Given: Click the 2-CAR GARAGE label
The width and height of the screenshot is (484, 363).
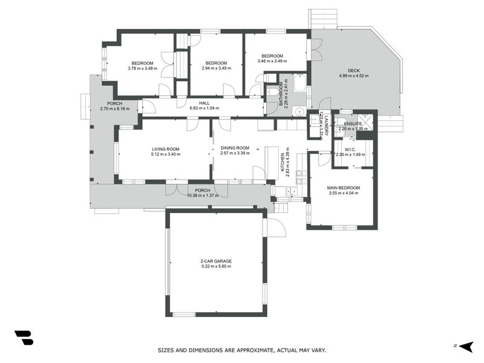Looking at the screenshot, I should pyautogui.click(x=216, y=261).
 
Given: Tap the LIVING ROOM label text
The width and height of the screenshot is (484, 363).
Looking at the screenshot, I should pyautogui.click(x=166, y=149).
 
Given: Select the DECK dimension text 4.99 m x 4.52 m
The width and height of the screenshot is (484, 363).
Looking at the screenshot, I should pyautogui.click(x=353, y=76).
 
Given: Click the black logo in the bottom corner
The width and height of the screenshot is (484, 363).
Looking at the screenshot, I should pyautogui.click(x=24, y=338).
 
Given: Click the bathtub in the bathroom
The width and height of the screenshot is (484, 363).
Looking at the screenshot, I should pyautogui.click(x=299, y=83).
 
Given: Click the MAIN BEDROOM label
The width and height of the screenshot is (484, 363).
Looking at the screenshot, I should pyautogui.click(x=344, y=188).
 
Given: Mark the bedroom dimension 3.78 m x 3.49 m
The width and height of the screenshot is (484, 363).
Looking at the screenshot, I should pyautogui.click(x=142, y=68).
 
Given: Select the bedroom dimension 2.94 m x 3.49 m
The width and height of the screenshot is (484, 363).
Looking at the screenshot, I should pyautogui.click(x=216, y=68).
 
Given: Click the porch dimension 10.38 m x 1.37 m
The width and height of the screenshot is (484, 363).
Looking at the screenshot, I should pyautogui.click(x=203, y=195).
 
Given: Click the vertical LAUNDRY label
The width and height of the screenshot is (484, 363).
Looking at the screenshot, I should pyautogui.click(x=325, y=125).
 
